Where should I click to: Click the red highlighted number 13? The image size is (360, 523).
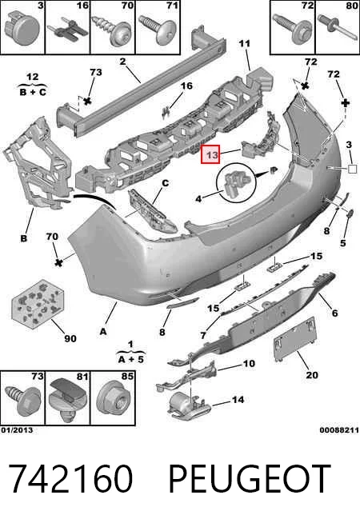[x=210, y=154]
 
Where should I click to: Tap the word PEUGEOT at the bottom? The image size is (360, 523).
[x=250, y=479]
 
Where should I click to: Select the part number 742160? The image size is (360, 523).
[x=70, y=479]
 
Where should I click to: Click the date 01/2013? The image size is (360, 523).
[x=17, y=430]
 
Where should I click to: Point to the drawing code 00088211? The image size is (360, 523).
[x=339, y=430]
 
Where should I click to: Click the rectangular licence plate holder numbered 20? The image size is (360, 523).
[x=295, y=338]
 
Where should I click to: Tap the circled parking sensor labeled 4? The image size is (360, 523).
[x=236, y=182]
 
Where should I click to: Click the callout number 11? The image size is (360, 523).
[x=244, y=43]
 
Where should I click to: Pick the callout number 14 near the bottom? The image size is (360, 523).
[x=238, y=399]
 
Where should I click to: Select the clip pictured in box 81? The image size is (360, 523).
[x=68, y=401]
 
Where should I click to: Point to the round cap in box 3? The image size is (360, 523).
[x=22, y=29]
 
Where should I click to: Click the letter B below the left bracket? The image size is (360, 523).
[x=23, y=238]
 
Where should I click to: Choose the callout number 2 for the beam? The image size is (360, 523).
[x=122, y=62]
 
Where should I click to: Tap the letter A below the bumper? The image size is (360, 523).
[x=103, y=331]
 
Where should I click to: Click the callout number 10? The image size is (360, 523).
[x=249, y=363]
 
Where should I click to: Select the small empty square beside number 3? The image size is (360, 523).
[x=352, y=169]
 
